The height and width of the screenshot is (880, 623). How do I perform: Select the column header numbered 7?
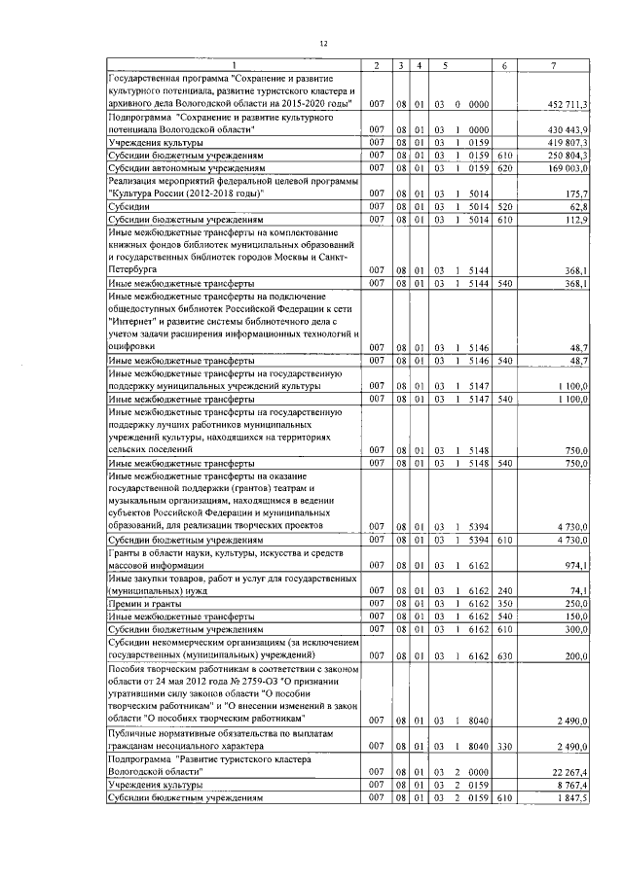[x=553, y=65]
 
